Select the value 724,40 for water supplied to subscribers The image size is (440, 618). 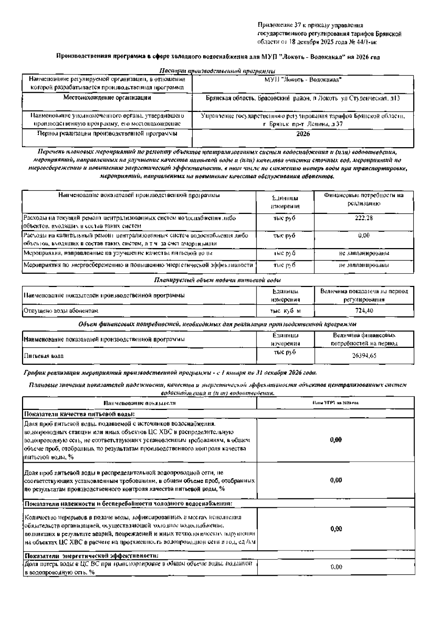tap(364, 311)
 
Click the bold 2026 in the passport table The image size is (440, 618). tap(303, 134)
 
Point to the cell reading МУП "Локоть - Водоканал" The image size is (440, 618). tap(303, 79)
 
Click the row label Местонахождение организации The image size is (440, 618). tap(107, 98)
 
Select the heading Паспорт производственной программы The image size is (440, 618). tap(217, 71)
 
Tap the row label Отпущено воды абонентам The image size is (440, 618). tap(61, 311)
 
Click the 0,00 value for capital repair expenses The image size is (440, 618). tap(364, 236)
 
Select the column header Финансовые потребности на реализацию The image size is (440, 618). tap(364, 199)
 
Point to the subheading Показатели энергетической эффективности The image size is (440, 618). tap(92, 555)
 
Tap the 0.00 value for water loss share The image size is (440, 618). tap(336, 567)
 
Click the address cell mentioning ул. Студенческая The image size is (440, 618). tap(303, 98)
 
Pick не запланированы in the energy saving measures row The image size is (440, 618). tap(364, 265)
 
